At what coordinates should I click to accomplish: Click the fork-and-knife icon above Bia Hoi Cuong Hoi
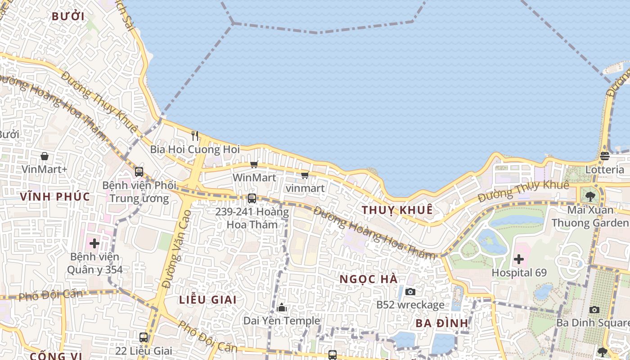pos(195,135)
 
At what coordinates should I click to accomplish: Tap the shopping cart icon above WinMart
pos(254,164)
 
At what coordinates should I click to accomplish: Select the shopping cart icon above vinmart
pos(305,175)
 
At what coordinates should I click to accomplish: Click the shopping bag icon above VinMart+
pos(45,156)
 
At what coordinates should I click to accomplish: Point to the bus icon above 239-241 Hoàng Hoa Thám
pos(252,198)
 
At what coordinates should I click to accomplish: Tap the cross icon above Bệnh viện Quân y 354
pos(94,243)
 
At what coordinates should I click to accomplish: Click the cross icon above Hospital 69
pos(519,259)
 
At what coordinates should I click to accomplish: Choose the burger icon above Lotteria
pos(604,156)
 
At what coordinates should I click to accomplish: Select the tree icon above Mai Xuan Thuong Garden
pos(590,196)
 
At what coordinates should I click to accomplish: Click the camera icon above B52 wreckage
pos(410,292)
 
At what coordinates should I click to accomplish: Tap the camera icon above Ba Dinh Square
pos(594,310)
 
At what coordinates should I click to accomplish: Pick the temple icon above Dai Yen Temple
pos(282,308)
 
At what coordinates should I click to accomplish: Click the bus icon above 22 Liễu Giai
pos(144,337)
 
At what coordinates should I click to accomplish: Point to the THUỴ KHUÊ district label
pos(397,210)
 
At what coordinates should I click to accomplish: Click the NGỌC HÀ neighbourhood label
pos(369,279)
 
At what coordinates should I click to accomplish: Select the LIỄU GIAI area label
pos(208,300)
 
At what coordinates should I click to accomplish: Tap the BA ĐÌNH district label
pos(442,323)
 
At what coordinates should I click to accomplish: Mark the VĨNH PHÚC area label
pos(55,196)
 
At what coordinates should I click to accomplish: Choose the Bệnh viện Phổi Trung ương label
pos(139,192)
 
